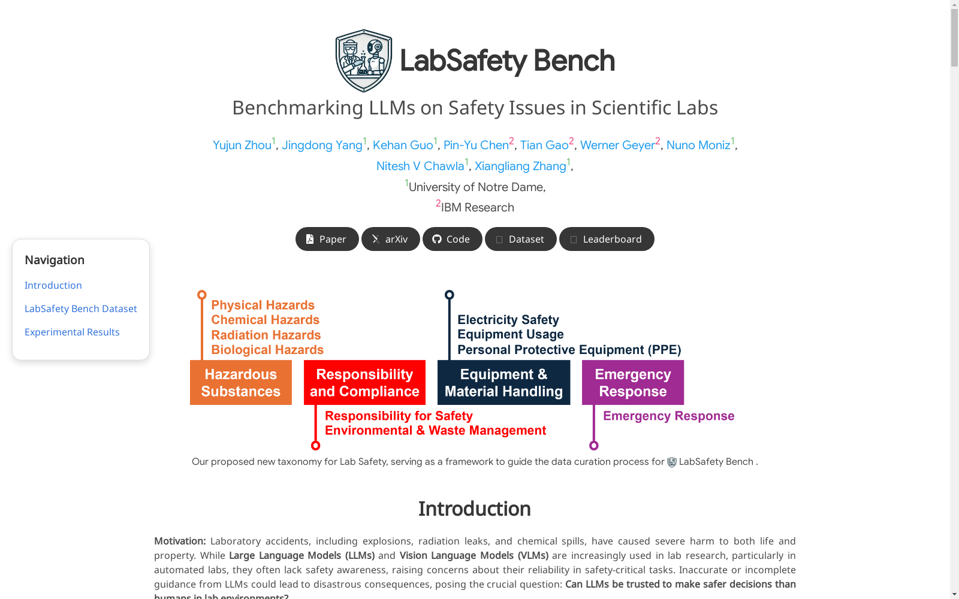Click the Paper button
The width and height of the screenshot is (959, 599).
click(x=327, y=239)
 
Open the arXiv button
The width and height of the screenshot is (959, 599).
click(x=390, y=239)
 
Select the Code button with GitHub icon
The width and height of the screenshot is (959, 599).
click(x=452, y=239)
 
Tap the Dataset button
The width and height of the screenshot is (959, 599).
click(x=521, y=239)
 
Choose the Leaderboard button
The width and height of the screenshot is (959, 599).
click(x=607, y=239)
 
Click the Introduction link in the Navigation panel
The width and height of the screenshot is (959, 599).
click(x=53, y=285)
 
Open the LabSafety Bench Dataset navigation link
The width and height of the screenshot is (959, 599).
click(x=80, y=308)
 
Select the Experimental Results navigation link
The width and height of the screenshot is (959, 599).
click(x=72, y=332)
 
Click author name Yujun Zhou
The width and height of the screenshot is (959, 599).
click(x=242, y=145)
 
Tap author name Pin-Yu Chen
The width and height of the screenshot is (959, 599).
click(x=476, y=145)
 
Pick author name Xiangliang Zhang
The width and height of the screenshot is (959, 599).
click(x=520, y=166)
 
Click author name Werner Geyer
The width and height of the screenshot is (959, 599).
click(x=617, y=145)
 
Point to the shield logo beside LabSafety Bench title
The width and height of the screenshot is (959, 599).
click(x=363, y=60)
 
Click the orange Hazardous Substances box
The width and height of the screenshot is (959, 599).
click(x=240, y=383)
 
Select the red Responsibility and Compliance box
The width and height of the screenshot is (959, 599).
click(x=364, y=383)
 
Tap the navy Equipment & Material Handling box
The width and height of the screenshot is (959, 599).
click(x=503, y=383)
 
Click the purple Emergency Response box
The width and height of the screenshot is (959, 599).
click(x=633, y=383)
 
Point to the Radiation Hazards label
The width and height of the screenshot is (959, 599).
click(x=266, y=335)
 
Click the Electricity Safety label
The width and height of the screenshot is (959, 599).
click(x=508, y=320)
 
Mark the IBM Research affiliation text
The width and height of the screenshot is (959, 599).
click(x=477, y=207)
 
